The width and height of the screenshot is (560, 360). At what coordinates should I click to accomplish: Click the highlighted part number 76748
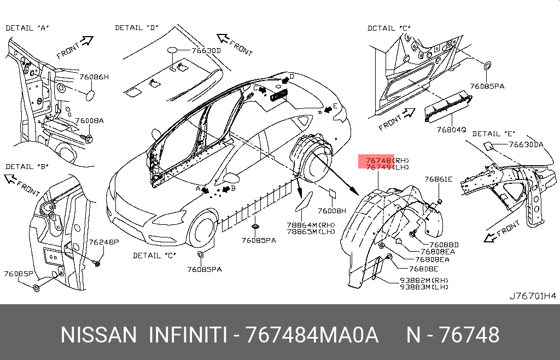coord(378,161)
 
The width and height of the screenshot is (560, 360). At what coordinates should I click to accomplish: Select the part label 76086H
coord(94,77)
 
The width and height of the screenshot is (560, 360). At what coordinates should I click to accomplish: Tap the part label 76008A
coord(89,121)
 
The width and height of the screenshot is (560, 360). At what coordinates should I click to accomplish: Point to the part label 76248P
coord(104,242)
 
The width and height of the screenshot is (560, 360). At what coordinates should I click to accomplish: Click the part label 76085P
coord(19,274)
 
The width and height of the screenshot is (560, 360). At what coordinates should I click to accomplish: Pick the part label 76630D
coord(206,51)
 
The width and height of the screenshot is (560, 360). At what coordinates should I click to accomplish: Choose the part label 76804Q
coord(451,129)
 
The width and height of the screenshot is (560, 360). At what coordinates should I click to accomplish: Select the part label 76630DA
coord(526,144)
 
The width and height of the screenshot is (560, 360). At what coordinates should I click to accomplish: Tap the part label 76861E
coord(438,179)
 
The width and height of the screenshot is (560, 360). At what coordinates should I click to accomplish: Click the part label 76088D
coord(444,245)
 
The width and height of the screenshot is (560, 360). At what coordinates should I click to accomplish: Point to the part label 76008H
coord(332,211)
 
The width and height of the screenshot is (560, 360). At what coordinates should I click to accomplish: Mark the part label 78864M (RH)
coord(311,225)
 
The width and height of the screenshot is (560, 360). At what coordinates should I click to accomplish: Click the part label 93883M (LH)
coord(424,287)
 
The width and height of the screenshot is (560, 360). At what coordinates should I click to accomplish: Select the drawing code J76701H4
coord(533,296)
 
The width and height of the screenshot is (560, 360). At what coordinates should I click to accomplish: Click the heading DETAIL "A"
coord(27,28)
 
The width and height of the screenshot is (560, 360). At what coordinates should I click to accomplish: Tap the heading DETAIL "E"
coord(494,134)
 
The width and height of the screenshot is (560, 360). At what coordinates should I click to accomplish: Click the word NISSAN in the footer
coord(98,335)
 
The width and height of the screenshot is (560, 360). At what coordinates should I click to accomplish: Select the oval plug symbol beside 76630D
coord(172,50)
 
